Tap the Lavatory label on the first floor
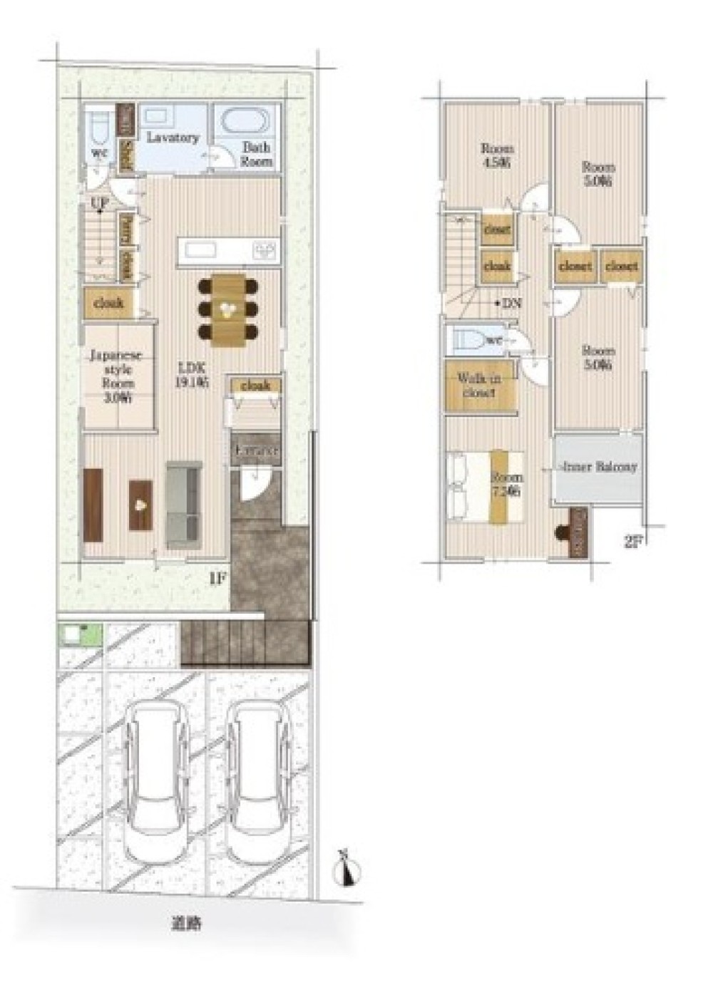(x=173, y=137)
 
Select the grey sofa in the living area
(x=185, y=504)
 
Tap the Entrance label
(x=255, y=451)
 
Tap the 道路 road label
(x=185, y=924)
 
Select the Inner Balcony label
(x=600, y=468)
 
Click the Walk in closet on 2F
(x=480, y=386)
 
